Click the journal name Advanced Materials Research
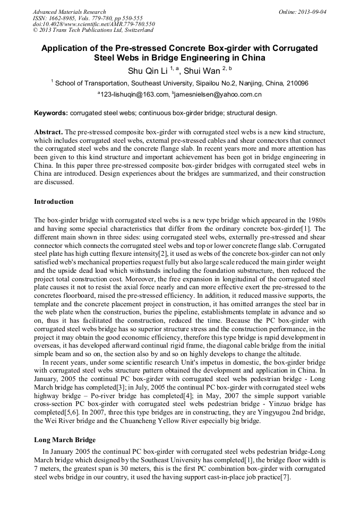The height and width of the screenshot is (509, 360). tap(69, 12)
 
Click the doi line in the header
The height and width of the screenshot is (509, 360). tap(94, 24)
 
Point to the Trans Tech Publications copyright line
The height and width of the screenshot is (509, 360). tap(93, 30)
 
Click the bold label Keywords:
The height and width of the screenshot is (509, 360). tap(51, 113)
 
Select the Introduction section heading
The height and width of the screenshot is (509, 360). tap(54, 202)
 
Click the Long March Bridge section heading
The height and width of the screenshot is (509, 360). tap(65, 440)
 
